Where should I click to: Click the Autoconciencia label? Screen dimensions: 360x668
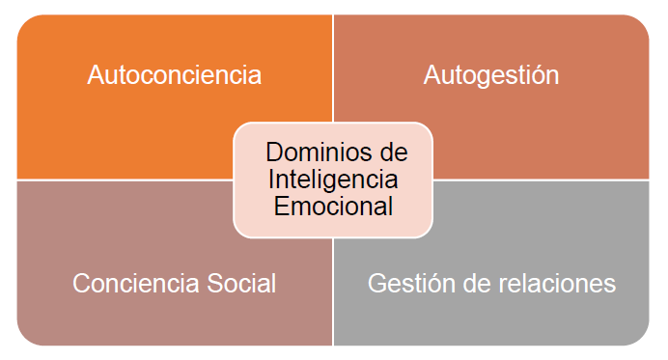174,75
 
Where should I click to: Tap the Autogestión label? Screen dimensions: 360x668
491,75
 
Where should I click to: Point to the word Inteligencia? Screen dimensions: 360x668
333,180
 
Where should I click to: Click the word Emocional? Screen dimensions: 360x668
333,206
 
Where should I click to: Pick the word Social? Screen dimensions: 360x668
244,284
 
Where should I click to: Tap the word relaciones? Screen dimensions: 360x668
562,284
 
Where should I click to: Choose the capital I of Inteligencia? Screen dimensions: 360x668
272,180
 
